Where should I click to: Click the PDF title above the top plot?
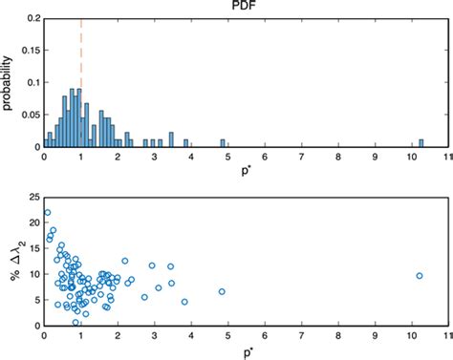245,7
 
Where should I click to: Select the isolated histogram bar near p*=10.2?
421,143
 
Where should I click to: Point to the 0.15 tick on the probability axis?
26,50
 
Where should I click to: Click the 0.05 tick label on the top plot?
26,115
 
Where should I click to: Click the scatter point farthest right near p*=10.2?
419,276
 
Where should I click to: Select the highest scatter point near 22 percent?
47,213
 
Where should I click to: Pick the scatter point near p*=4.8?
222,292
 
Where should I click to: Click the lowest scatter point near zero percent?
76,322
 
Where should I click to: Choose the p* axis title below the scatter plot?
245,352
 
